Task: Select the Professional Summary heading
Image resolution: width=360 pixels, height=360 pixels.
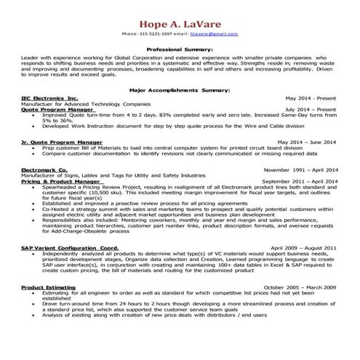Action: click(x=180, y=48)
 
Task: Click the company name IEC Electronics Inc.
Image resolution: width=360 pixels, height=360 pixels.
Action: click(x=49, y=97)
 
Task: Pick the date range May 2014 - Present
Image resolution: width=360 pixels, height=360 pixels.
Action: click(x=311, y=97)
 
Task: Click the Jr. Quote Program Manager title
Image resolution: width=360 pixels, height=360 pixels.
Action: click(x=62, y=142)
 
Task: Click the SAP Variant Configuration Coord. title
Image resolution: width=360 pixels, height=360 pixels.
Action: click(x=69, y=248)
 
